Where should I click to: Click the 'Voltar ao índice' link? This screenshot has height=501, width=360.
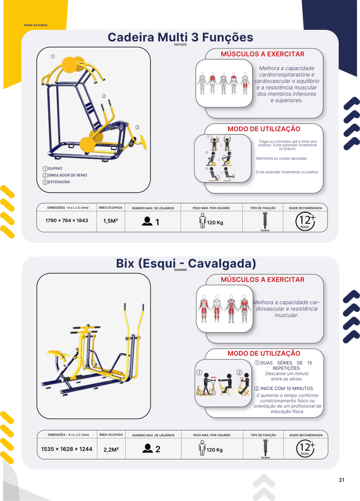[x=36, y=25]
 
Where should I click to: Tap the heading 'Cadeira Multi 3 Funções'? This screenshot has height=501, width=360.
[x=180, y=37]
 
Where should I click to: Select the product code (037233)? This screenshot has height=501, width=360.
[x=180, y=45]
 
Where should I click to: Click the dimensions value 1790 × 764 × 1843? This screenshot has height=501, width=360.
[x=67, y=220]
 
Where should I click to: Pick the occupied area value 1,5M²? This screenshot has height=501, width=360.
[x=111, y=221]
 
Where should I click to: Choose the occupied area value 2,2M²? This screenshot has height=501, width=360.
[x=111, y=449]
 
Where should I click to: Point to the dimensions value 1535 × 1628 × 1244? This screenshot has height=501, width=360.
[x=67, y=449]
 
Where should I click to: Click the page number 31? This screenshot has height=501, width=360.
[x=342, y=480]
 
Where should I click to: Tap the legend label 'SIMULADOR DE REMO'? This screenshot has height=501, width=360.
[x=67, y=175]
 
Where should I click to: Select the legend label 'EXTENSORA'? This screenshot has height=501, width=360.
[x=59, y=182]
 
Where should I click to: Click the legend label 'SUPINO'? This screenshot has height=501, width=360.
[x=55, y=168]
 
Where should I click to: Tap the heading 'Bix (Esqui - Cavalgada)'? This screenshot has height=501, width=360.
[x=186, y=263]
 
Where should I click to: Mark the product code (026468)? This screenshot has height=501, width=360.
[x=180, y=270]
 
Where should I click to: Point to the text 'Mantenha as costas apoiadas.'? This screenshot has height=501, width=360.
[x=282, y=158]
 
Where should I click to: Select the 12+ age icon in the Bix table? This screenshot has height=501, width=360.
[x=306, y=448]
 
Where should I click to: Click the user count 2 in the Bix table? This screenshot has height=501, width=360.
[x=157, y=449]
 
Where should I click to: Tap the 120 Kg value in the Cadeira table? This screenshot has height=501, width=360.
[x=215, y=223]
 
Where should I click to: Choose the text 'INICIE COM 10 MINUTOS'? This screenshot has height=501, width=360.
[x=286, y=388]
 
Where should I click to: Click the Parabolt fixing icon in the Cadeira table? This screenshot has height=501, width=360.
[x=264, y=221]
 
